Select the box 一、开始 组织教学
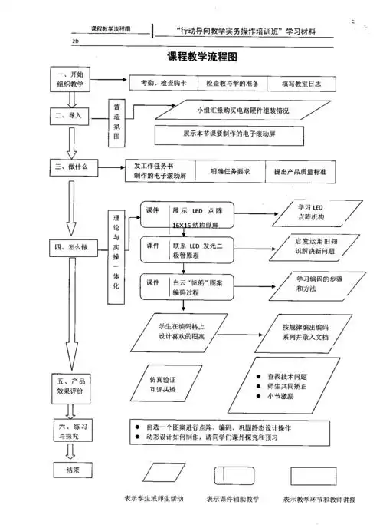tap(71, 81)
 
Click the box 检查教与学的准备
tap(229, 82)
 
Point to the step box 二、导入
tap(70, 116)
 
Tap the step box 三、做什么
tap(70, 167)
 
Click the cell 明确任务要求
tap(229, 172)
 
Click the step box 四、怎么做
tap(71, 248)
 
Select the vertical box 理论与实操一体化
tap(116, 249)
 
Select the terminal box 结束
tap(70, 467)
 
